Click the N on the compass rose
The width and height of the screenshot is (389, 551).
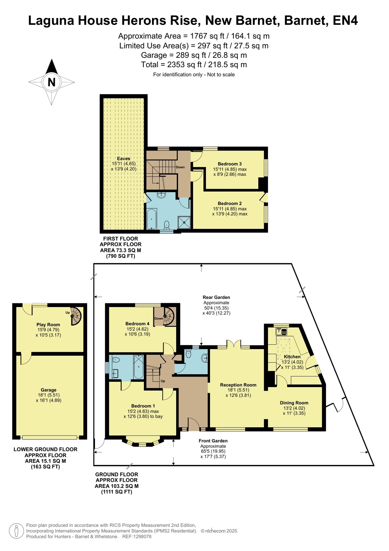coord(51,82)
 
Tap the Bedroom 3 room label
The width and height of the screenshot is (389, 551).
coord(230,164)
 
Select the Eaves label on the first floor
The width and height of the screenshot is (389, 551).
coord(123,159)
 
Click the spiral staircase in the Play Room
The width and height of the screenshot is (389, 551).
coord(76,316)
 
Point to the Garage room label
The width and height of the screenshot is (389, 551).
coord(48,390)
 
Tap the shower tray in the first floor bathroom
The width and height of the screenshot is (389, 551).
coord(184,222)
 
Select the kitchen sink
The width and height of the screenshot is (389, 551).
coord(281,332)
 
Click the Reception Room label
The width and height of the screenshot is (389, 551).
coord(238,385)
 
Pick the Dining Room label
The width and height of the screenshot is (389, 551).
coord(294,403)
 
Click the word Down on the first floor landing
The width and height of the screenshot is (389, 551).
coord(180,167)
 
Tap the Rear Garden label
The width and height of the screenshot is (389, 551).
coord(216,297)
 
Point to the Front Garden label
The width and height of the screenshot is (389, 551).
coord(213,441)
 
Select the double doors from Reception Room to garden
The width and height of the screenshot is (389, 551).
coord(234,344)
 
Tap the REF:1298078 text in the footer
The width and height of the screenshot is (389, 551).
coord(137,537)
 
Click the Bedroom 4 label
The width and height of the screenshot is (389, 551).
coord(137,324)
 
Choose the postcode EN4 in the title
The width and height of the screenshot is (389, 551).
coord(345,21)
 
